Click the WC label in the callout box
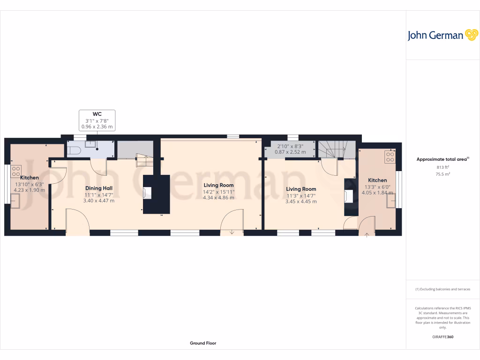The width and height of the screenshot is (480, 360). coord(97,113)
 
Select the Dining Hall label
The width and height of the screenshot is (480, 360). coord(98,188)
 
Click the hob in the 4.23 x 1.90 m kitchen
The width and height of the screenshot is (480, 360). coord(16,170)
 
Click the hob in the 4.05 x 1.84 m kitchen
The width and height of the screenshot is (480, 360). coord(390,157)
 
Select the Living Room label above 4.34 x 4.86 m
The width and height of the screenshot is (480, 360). coord(218,185)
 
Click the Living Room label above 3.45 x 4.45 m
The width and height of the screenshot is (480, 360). coord(301,189)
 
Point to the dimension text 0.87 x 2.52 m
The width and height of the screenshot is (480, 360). coord(290,152)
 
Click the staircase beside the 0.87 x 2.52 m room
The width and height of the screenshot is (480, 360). coord(336,150)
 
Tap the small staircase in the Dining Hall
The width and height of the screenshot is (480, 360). coord(144,160)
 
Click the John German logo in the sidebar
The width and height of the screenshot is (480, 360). coord(442,35)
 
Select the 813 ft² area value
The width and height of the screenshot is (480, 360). coord(442,167)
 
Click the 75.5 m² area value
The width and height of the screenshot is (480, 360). coord(442,174)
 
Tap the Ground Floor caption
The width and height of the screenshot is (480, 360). coord(203,343)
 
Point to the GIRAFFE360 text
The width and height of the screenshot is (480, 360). coord(443,337)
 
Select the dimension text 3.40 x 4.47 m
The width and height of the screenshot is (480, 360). coord(98,200)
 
